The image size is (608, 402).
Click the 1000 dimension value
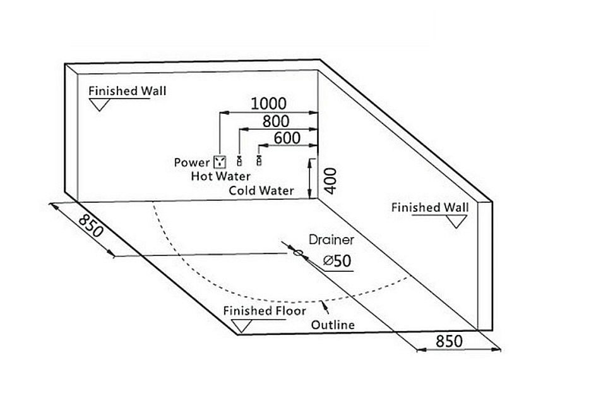[268, 103]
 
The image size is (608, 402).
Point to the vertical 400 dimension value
[331, 180]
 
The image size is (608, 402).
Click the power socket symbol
[220, 162]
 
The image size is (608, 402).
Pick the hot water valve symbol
[239, 161]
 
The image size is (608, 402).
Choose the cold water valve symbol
[258, 161]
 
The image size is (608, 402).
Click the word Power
[192, 162]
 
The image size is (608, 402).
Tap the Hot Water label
[220, 176]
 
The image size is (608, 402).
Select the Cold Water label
[261, 190]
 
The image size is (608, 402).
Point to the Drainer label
[331, 240]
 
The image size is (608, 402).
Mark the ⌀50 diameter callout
[336, 260]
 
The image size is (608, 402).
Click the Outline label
[333, 325]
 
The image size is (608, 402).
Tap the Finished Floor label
[264, 310]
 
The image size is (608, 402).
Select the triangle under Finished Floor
[241, 326]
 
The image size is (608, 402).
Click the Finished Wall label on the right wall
[430, 207]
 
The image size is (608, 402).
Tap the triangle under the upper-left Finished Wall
[100, 105]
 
